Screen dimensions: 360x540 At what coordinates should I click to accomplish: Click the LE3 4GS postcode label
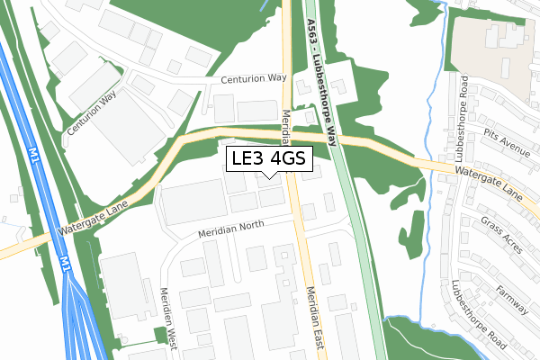268,159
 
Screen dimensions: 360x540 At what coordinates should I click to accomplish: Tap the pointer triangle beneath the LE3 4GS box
268,175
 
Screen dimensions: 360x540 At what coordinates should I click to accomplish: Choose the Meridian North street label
232,230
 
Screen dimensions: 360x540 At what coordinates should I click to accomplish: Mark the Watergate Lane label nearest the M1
94,218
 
